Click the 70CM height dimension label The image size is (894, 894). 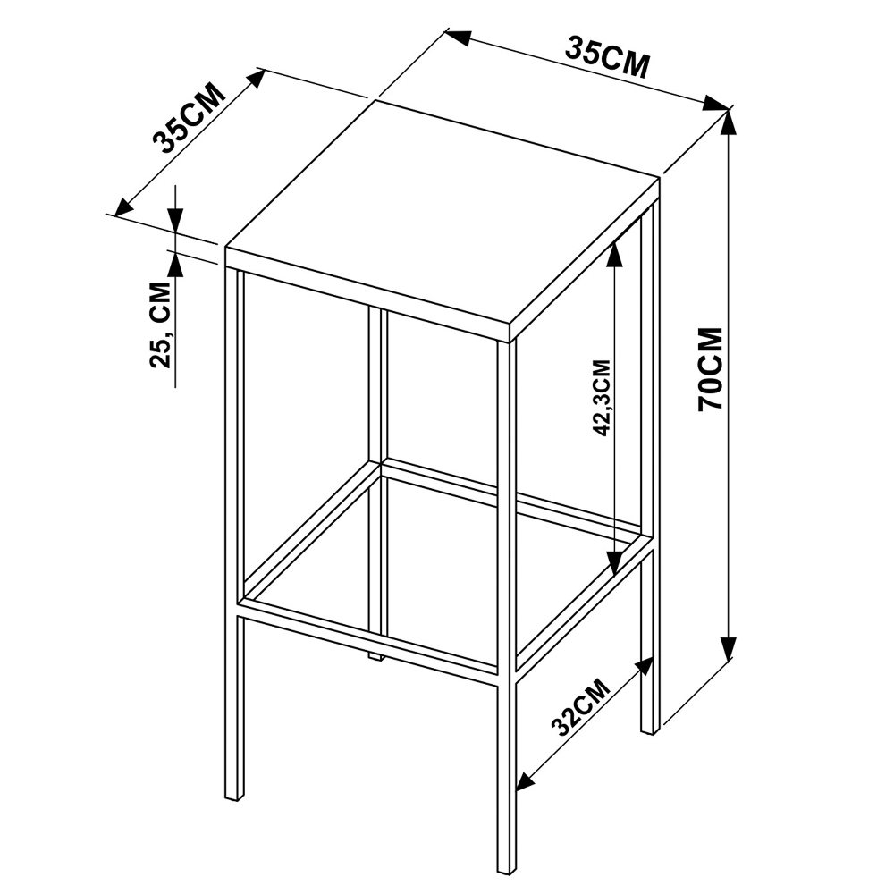(711, 369)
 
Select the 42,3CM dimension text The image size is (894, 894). (602, 398)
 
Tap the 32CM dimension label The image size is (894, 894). (580, 707)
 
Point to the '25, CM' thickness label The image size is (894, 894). (160, 325)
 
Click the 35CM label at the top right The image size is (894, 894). (607, 57)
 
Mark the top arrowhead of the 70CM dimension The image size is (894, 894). (728, 122)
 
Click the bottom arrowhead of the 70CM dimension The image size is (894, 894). (728, 648)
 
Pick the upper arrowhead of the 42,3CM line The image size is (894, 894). (613, 254)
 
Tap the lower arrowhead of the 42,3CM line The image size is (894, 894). (613, 562)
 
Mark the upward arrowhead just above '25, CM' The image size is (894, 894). (175, 265)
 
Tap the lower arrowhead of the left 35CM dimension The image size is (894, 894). (125, 207)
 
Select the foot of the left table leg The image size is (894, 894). (235, 795)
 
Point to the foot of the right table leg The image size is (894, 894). (650, 728)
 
